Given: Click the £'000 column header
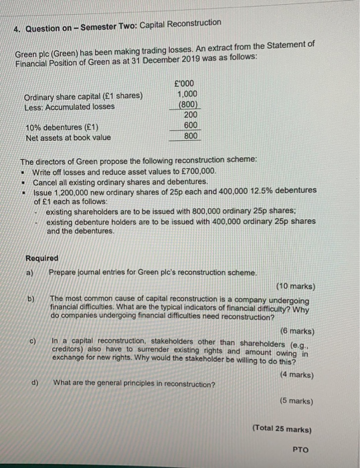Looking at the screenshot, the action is click(183, 83).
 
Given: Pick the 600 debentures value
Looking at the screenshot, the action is click(189, 126).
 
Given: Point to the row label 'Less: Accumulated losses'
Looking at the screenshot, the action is click(70, 106).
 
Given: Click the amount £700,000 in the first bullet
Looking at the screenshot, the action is click(197, 172).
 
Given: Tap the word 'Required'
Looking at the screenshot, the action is click(41, 258).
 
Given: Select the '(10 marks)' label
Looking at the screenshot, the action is click(294, 286).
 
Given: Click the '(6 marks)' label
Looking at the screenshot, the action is click(294, 331).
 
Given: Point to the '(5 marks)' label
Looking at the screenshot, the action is click(294, 401).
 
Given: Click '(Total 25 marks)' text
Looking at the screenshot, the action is click(282, 429).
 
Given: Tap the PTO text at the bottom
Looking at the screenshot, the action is click(300, 450).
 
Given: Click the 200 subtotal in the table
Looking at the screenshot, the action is click(189, 115).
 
